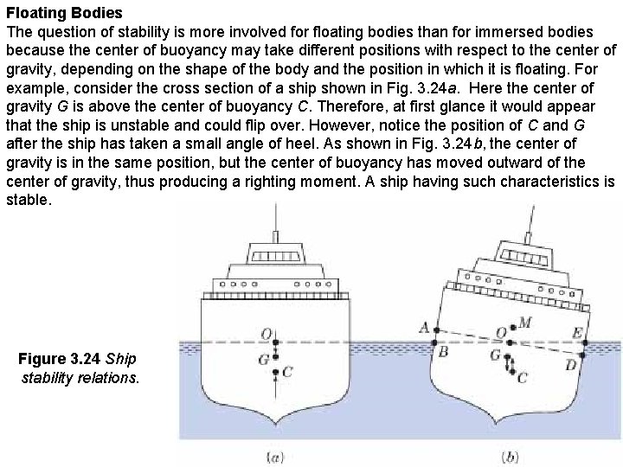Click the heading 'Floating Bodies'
click(x=64, y=14)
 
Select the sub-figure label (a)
click(x=276, y=456)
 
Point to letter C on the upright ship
click(x=288, y=372)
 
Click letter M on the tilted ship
click(x=525, y=323)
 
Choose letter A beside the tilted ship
click(x=424, y=328)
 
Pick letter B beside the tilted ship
click(x=443, y=351)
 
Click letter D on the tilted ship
click(x=571, y=365)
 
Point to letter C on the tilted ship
click(x=522, y=377)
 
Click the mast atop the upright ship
click(x=275, y=225)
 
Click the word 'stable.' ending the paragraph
click(x=29, y=199)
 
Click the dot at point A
click(x=436, y=329)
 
